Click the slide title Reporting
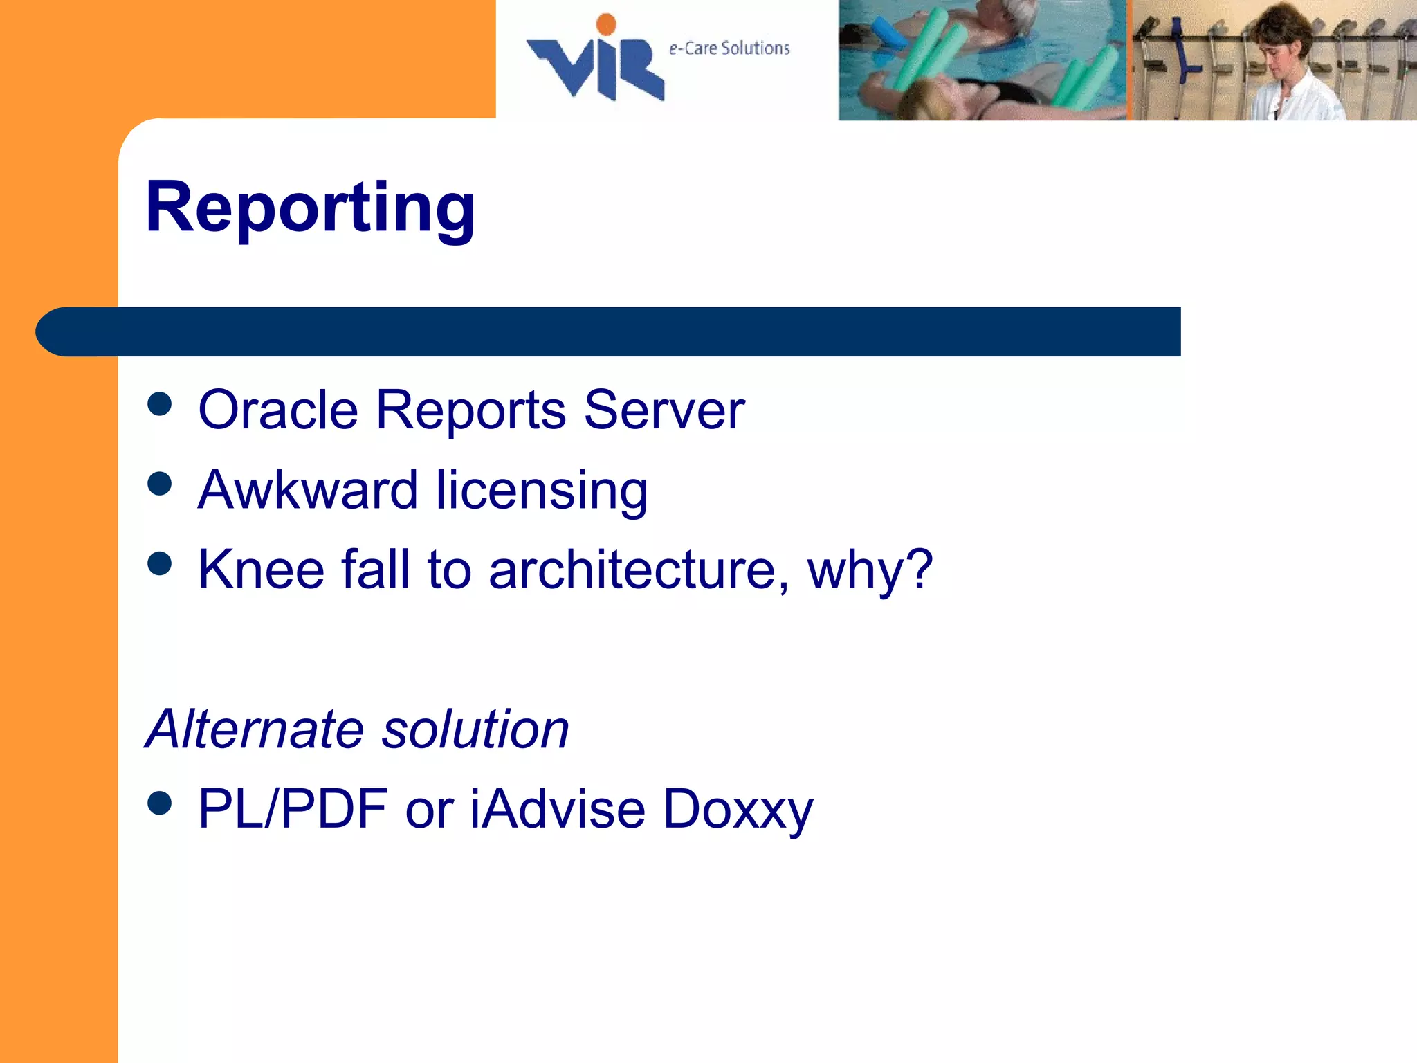pos(310,208)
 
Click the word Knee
pos(261,570)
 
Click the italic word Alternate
pos(255,729)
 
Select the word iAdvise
pos(558,808)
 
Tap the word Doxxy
pos(738,810)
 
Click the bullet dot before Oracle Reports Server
pos(160,404)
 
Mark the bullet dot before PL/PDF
pos(160,803)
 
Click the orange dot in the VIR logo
pos(606,24)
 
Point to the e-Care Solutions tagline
pos(729,48)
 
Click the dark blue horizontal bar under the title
pos(609,331)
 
